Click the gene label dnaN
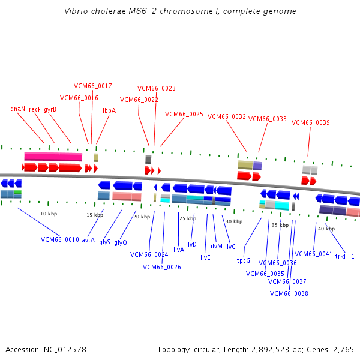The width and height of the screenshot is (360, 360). point(18,109)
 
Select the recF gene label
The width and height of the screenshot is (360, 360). point(35,109)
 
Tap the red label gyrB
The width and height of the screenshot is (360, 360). point(50,109)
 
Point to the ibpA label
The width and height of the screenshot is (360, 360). point(109,110)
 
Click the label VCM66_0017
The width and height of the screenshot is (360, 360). point(93,86)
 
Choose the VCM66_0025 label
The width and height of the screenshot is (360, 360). point(184,113)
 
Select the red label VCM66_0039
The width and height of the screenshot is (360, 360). point(311,122)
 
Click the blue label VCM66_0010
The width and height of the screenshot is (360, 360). point(60,239)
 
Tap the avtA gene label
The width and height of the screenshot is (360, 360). point(88,240)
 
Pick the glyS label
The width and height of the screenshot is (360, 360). point(105,242)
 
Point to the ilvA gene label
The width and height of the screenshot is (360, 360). point(179,249)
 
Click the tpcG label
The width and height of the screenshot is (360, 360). point(243,260)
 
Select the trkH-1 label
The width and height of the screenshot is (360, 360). point(345,256)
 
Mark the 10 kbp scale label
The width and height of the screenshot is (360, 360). point(49,214)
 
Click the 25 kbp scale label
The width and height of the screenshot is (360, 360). point(188,218)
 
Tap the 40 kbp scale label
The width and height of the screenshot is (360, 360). point(326,229)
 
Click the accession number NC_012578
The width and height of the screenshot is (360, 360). point(62,349)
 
